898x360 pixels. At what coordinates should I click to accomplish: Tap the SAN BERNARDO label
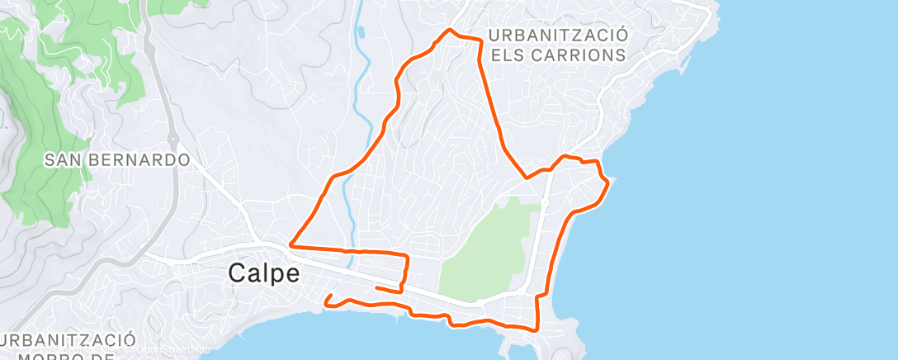[x=117, y=159]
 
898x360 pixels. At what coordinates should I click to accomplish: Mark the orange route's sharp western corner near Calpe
[x=290, y=245]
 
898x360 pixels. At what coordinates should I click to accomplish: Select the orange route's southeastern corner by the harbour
[x=537, y=329]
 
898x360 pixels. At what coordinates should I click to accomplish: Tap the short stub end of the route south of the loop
[x=376, y=287]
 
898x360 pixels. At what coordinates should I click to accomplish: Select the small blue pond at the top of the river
[x=361, y=33]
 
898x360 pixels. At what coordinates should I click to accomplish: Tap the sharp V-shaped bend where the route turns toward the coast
[x=526, y=177]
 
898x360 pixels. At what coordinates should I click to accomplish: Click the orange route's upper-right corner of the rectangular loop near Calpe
[x=406, y=254]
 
